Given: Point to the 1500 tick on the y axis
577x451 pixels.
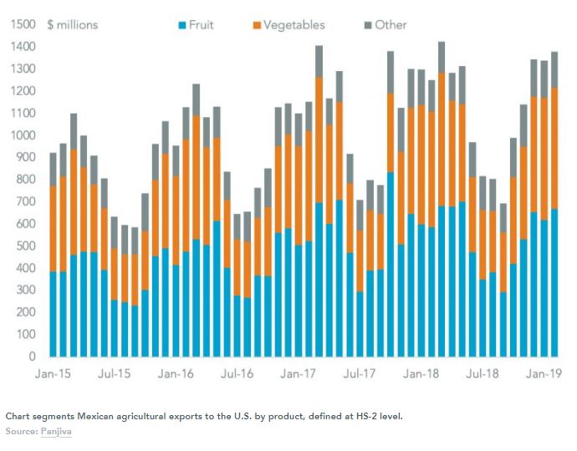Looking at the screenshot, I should [23, 25].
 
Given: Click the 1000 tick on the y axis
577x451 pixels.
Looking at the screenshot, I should [23, 135].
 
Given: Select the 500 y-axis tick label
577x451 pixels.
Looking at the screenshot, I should [27, 246].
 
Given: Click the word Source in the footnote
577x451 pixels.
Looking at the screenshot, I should [20, 429].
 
